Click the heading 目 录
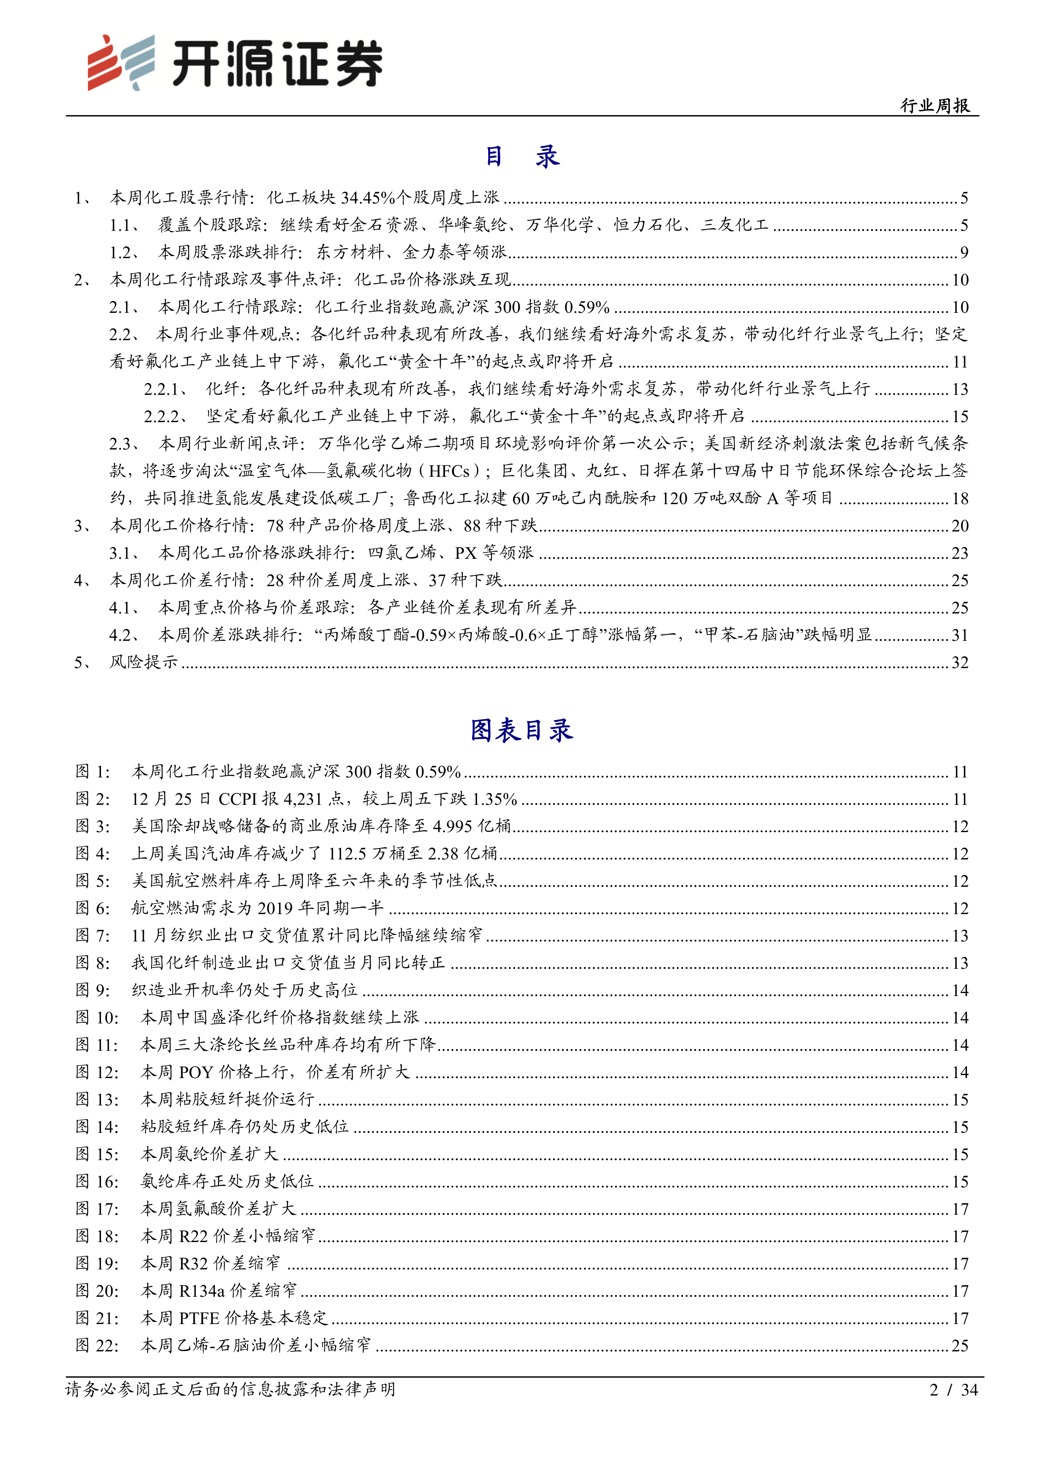point(521,156)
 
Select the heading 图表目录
point(521,730)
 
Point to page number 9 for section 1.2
point(964,252)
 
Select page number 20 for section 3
point(959,526)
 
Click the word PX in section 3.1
point(466,553)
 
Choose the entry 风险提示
point(144,662)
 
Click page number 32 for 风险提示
point(959,662)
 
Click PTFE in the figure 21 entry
point(199,1318)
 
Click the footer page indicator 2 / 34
point(953,1390)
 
